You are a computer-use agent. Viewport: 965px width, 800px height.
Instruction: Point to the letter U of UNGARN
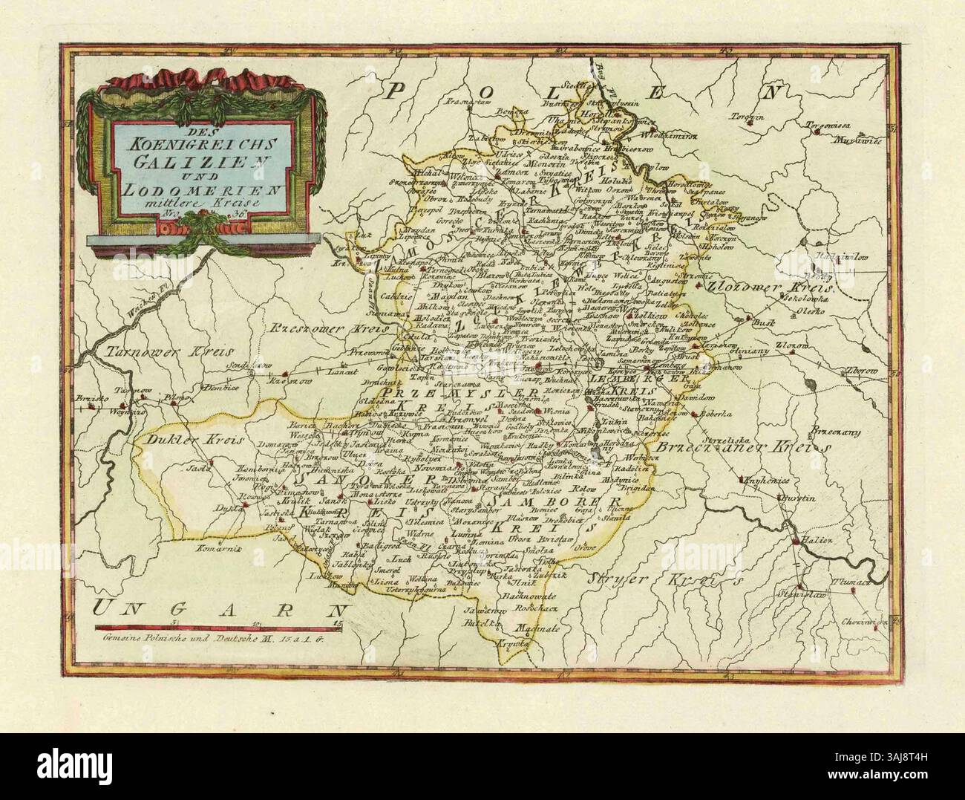(107, 608)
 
